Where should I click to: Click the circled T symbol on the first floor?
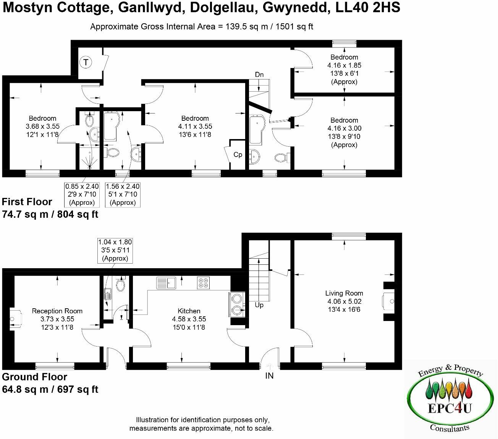coord(86,62)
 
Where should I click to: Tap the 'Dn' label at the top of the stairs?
coord(259,75)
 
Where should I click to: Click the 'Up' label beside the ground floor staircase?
coord(259,305)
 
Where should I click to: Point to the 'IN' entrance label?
coord(269,376)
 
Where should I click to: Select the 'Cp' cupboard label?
coord(238,155)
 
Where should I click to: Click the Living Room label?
coord(344,293)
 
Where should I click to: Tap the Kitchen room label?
coord(189,311)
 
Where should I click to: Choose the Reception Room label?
coord(57,311)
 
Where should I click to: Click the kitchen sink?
coord(165,283)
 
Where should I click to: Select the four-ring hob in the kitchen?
coord(203,283)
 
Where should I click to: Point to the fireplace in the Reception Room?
coord(15,318)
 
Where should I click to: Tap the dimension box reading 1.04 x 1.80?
coord(115,250)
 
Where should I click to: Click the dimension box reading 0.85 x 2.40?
coord(82,194)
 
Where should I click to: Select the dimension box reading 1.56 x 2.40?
coord(123,194)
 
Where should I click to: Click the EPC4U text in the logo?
coord(448,408)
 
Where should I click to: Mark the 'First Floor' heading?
coord(27,202)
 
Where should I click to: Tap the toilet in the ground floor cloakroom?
coord(120,285)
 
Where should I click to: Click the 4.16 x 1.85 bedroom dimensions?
coord(344,65)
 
